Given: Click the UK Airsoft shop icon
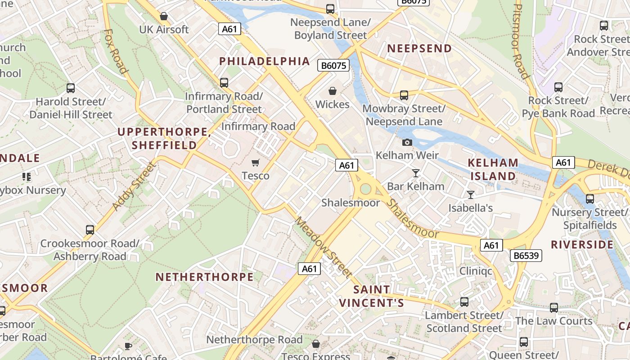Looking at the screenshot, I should (x=164, y=16).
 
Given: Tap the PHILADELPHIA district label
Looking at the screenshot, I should (x=265, y=61).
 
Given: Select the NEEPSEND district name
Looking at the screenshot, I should (x=419, y=49).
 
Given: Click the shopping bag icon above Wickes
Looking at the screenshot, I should (x=332, y=91).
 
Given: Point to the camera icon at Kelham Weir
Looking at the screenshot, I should (x=407, y=143).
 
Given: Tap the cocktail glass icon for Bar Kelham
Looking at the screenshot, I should (x=415, y=173).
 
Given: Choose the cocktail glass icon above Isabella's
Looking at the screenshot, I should (x=471, y=195).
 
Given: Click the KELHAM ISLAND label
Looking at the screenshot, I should (x=493, y=169).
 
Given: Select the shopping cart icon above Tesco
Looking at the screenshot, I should (x=256, y=162).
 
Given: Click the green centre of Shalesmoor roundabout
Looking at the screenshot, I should (x=365, y=189).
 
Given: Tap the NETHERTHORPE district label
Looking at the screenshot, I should (x=205, y=277).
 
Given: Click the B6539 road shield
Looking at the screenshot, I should (x=526, y=256).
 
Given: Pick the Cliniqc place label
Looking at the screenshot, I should (x=476, y=271).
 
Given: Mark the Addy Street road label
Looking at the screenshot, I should (x=134, y=186).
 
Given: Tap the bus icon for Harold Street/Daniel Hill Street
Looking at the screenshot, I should (x=71, y=88).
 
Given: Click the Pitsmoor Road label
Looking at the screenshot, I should (x=521, y=40).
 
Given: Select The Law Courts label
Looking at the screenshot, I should (x=553, y=321).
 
